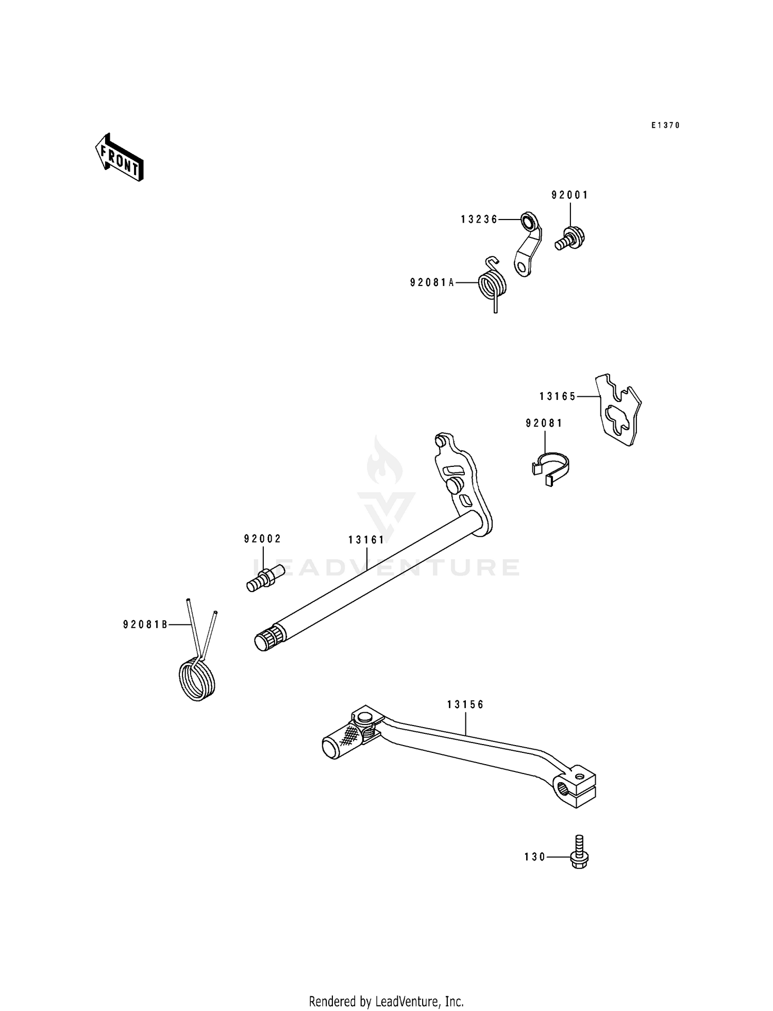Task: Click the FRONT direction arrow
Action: (119, 157)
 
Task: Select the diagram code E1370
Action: (665, 125)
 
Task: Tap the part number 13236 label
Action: (479, 220)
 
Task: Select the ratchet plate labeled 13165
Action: (619, 410)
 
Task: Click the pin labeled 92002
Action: (265, 579)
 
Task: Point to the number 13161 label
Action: (366, 540)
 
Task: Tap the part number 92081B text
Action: (145, 625)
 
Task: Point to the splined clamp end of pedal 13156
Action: (576, 789)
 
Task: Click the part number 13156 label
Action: (465, 704)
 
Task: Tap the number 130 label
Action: (534, 857)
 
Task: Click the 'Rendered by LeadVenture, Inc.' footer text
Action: (386, 987)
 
